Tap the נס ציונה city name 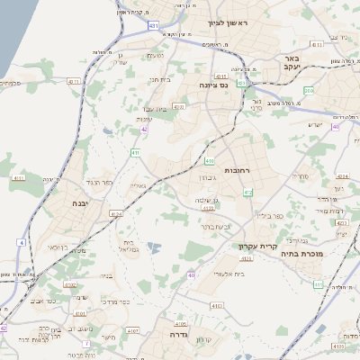213,85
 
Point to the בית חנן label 160,79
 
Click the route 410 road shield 209,161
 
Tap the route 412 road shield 247,193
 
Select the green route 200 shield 309,90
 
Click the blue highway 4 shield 21,243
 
